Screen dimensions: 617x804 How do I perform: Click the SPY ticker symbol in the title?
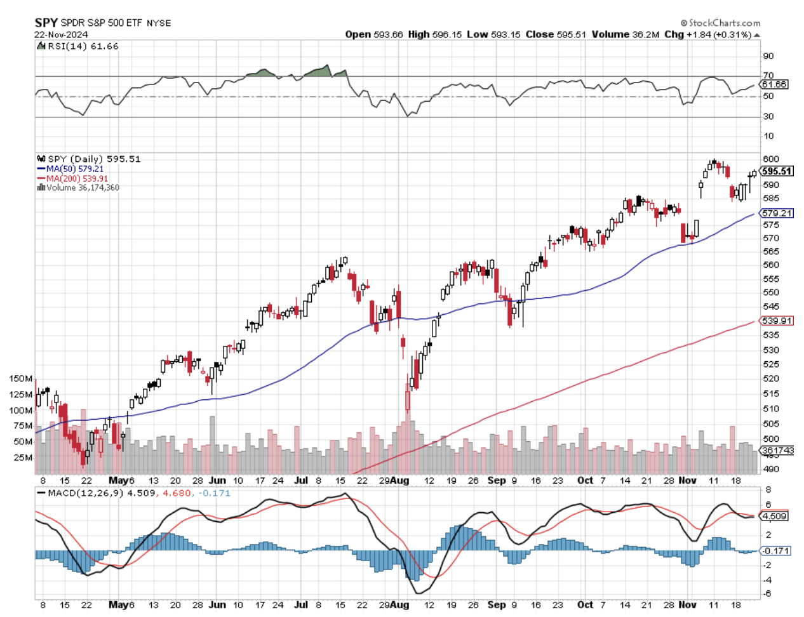46,23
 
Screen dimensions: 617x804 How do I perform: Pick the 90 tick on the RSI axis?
768,56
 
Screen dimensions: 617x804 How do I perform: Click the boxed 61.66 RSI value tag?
774,84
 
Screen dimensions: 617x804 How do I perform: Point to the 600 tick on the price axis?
770,159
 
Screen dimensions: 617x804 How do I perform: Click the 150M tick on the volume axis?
20,378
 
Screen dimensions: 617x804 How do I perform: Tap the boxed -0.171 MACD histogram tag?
776,551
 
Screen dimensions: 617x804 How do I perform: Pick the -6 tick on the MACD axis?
768,594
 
